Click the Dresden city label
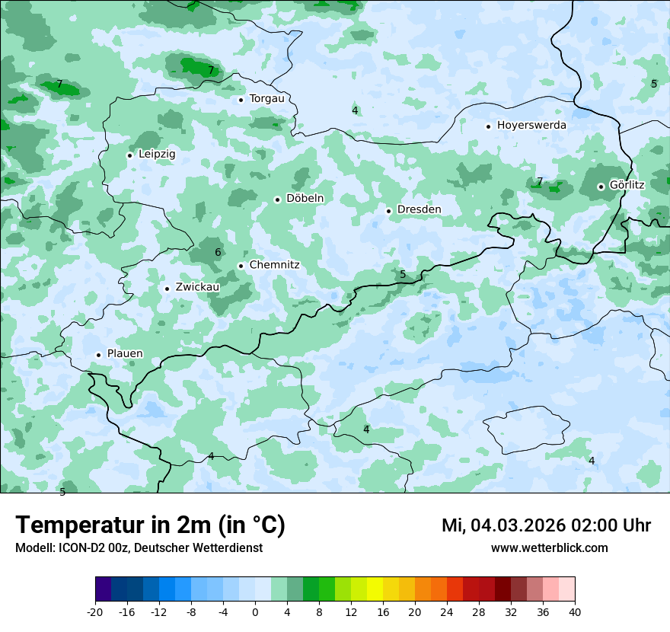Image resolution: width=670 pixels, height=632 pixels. pyautogui.click(x=419, y=209)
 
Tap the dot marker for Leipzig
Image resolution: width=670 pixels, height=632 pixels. pyautogui.click(x=129, y=155)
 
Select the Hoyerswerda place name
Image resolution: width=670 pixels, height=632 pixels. pyautogui.click(x=531, y=125)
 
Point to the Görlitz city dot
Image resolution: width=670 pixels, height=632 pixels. pyautogui.click(x=601, y=187)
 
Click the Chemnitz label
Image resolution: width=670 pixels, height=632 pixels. pyautogui.click(x=274, y=265)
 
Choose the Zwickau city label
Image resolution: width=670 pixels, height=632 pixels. pyautogui.click(x=197, y=287)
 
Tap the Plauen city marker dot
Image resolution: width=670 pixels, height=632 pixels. pyautogui.click(x=98, y=355)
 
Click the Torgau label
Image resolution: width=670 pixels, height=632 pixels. pyautogui.click(x=266, y=98)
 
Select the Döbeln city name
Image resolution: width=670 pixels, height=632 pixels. pyautogui.click(x=305, y=198)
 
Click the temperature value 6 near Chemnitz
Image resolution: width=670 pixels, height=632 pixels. pyautogui.click(x=218, y=252)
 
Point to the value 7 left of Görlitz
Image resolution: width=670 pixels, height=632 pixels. pyautogui.click(x=540, y=181)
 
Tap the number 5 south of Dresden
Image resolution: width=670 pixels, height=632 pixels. pyautogui.click(x=403, y=274)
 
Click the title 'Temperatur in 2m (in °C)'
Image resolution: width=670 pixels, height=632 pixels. pyautogui.click(x=150, y=525)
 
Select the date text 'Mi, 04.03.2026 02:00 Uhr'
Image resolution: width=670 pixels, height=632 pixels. pyautogui.click(x=546, y=525)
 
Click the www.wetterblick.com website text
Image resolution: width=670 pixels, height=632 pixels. pyautogui.click(x=549, y=547)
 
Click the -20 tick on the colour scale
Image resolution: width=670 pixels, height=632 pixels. pyautogui.click(x=95, y=612)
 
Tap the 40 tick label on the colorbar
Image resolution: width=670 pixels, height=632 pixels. pyautogui.click(x=575, y=612)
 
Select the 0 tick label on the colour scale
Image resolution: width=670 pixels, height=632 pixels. pyautogui.click(x=255, y=612)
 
